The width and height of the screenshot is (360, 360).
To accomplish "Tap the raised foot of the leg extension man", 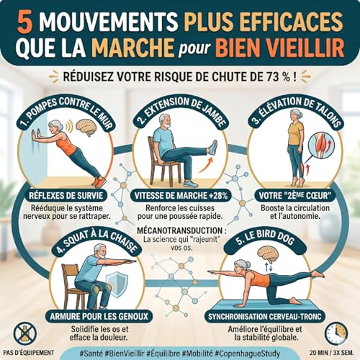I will (212, 148).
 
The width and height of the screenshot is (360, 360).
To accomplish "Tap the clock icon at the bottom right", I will (336, 333).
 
